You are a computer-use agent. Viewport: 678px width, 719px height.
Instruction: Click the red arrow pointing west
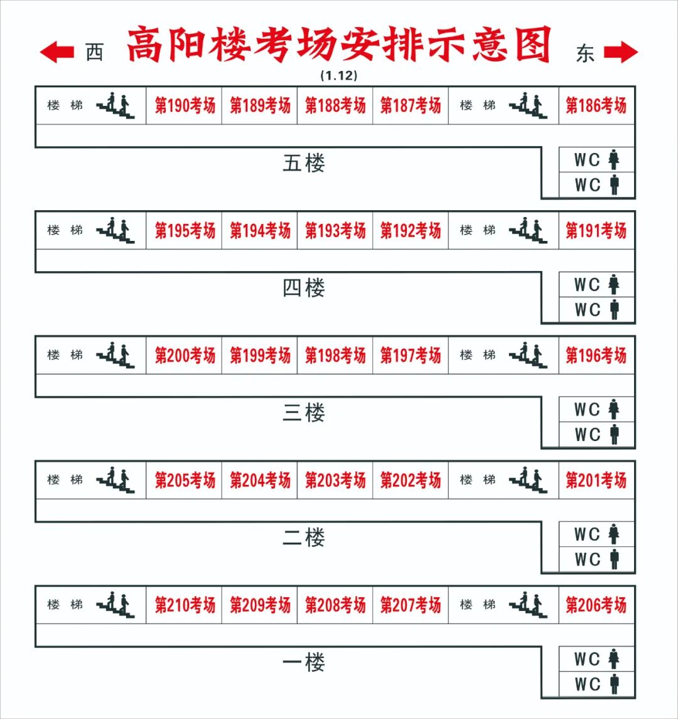coord(57,52)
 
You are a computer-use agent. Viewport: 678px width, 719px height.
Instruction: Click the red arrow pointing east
coord(621,52)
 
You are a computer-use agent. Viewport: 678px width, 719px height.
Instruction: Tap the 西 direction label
coord(94,53)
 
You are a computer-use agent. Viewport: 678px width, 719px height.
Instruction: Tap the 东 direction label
coord(584,53)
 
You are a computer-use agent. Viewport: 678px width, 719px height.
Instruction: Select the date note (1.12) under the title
coord(338,75)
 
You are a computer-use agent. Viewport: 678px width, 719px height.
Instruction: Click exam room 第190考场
coord(185,105)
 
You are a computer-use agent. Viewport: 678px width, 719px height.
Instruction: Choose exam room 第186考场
coord(596,105)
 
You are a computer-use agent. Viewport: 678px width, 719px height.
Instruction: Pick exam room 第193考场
coord(335,230)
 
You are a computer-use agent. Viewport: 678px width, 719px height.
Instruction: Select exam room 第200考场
coord(185,355)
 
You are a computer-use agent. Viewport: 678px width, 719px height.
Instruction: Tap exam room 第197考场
coord(411,355)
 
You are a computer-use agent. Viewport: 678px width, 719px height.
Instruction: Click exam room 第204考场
coord(260,480)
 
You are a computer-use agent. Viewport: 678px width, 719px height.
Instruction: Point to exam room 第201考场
coord(596,480)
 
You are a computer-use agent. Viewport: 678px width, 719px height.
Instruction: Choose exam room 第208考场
coord(335,605)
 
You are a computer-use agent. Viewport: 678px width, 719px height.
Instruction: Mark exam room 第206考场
coord(596,605)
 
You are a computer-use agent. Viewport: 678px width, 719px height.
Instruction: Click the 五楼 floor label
coord(304,164)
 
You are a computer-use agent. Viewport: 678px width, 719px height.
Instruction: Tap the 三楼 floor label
coord(304,413)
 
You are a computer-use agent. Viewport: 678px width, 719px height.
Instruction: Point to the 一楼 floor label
coord(304,663)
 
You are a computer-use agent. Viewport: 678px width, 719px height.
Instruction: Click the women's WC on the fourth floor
coord(596,285)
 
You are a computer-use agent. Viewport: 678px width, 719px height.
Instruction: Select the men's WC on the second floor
coord(596,559)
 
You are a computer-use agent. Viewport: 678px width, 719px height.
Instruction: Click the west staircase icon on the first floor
coord(116,604)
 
